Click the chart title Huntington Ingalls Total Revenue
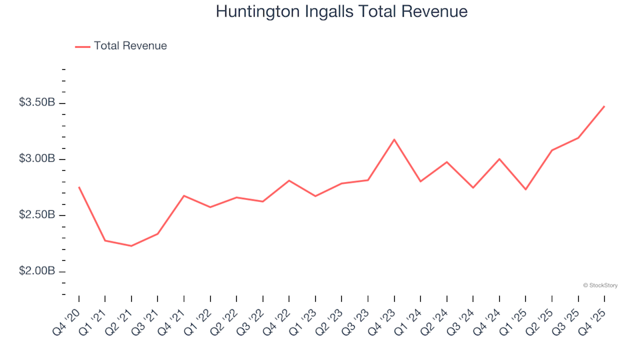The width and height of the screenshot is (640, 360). point(341,12)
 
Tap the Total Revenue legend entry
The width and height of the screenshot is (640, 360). point(130,46)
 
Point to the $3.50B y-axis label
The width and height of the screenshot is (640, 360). point(37,103)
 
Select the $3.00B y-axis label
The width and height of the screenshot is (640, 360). point(37,159)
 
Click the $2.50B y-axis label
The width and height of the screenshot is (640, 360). point(37,215)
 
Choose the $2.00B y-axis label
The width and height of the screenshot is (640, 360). point(37,271)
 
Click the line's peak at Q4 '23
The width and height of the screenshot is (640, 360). point(394,139)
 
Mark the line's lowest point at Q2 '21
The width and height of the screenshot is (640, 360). point(131,246)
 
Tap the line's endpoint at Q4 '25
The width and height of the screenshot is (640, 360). point(604,106)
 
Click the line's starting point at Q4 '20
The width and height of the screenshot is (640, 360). point(79,187)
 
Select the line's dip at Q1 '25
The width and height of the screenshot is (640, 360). point(525,189)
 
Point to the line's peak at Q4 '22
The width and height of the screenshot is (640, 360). point(289,180)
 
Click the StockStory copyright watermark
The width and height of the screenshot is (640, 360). point(600,285)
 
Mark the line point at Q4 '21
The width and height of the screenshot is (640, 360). point(184,196)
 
